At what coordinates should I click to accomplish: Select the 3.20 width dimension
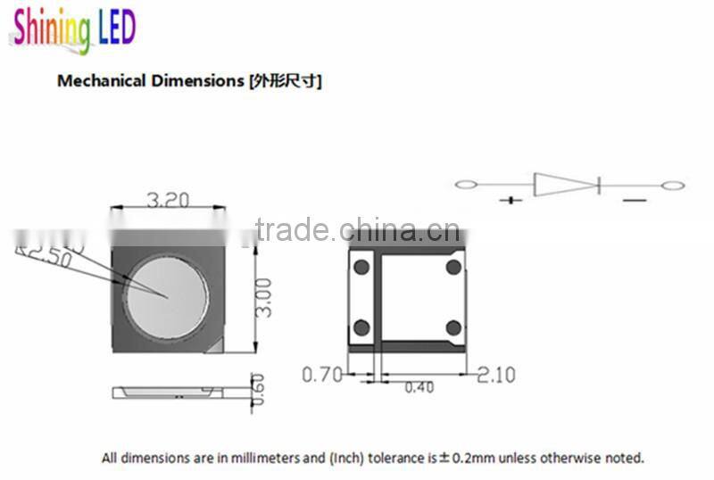point(167,201)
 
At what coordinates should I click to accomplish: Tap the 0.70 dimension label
point(321,375)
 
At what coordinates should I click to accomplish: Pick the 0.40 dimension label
point(420,387)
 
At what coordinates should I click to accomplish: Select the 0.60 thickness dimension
point(259,389)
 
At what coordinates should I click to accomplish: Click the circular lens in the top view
point(167,294)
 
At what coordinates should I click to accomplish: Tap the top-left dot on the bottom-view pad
point(361,267)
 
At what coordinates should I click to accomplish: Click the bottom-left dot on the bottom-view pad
point(361,327)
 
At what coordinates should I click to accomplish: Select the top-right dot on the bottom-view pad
point(453,267)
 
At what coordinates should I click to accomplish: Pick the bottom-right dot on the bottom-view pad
point(453,327)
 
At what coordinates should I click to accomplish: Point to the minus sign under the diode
point(634,201)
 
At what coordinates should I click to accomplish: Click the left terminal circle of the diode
point(466,185)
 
